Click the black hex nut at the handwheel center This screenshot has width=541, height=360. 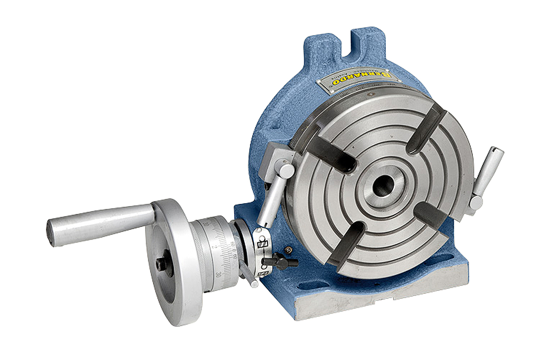(x=161, y=265)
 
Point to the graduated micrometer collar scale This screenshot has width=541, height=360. (x=224, y=254)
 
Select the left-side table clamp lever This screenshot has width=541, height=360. (x=270, y=199)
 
